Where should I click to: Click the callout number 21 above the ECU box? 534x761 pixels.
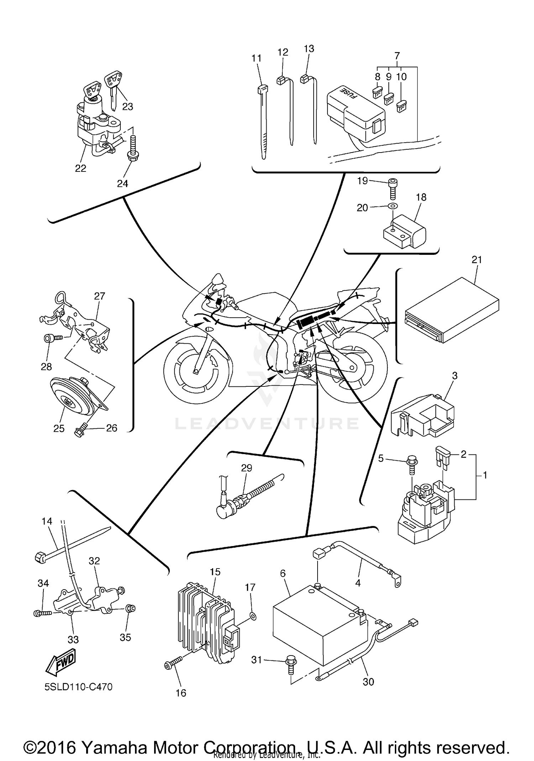click(476, 260)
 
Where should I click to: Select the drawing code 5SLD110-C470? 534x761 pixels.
click(78, 687)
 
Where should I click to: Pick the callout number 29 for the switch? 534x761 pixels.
click(246, 468)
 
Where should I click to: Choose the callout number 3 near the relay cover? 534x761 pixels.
click(455, 375)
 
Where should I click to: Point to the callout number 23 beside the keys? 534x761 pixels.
click(127, 106)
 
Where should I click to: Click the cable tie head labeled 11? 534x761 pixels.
click(262, 89)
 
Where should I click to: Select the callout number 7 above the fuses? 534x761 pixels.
click(397, 56)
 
